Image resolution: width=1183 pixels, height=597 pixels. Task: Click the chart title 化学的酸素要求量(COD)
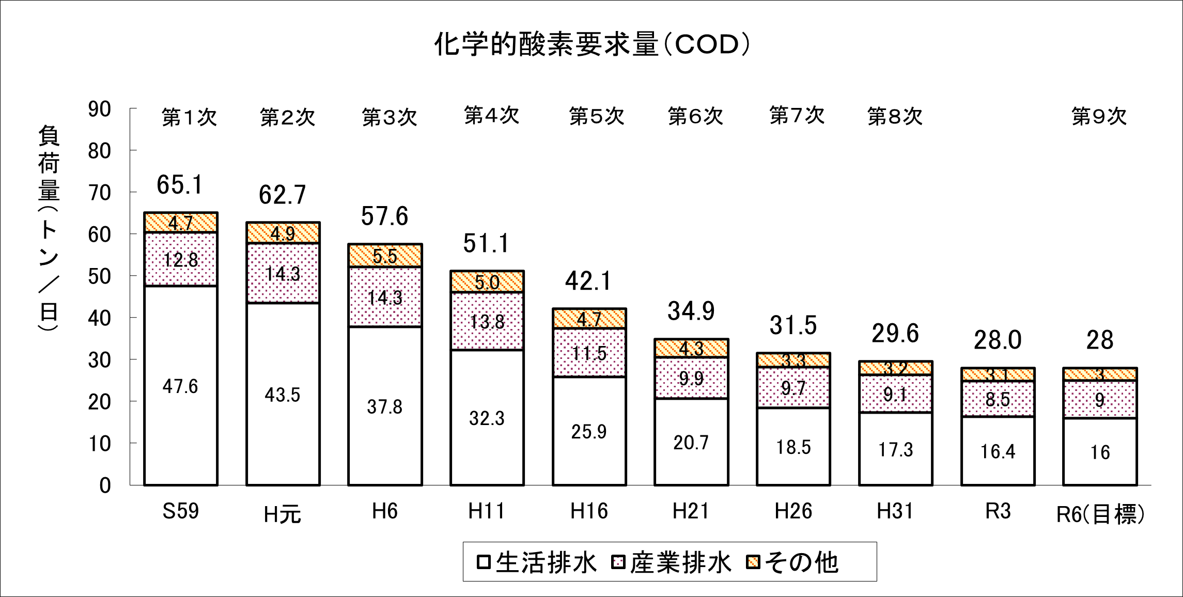coord(591,45)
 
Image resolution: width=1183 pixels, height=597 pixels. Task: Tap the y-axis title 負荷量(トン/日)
coord(49,227)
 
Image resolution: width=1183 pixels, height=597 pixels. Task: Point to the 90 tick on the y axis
coord(100,109)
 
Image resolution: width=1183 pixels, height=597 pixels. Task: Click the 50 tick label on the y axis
coord(100,277)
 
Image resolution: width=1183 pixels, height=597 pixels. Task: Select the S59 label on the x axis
coord(180,511)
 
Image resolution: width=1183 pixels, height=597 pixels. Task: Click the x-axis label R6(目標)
coord(1100,514)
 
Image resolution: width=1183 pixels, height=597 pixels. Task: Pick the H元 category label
coord(282,514)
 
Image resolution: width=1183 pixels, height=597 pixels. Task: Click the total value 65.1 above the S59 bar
coord(180,185)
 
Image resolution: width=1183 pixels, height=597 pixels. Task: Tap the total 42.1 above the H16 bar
coord(588,281)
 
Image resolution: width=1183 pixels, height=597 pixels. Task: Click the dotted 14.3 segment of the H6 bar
coord(385,297)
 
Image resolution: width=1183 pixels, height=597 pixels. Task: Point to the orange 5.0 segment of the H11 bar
coord(487,282)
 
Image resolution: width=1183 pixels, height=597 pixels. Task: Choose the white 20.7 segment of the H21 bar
coord(691,443)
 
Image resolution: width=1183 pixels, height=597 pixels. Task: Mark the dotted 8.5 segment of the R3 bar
coord(998,399)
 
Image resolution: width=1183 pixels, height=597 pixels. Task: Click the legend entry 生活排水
coord(537,562)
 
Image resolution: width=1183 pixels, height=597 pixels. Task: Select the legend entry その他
coord(793,562)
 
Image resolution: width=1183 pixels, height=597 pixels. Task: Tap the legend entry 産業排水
coord(672,562)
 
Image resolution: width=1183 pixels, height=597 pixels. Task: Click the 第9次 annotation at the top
coord(1099,117)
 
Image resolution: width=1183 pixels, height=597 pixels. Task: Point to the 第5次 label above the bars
coord(597,117)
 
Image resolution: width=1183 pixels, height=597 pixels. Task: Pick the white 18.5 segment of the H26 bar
coord(793,447)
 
